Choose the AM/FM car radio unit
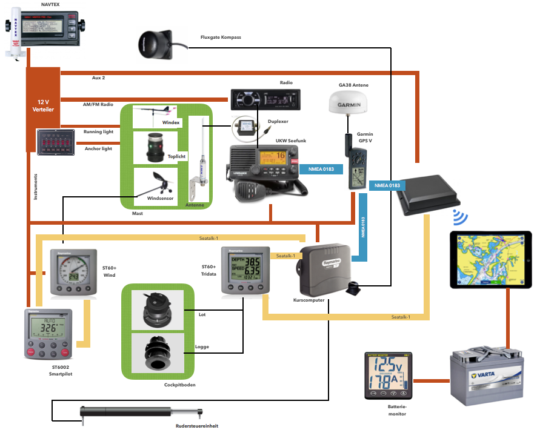point(265,99)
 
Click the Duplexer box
point(248,128)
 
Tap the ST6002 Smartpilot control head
point(49,334)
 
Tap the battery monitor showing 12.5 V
point(387,375)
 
